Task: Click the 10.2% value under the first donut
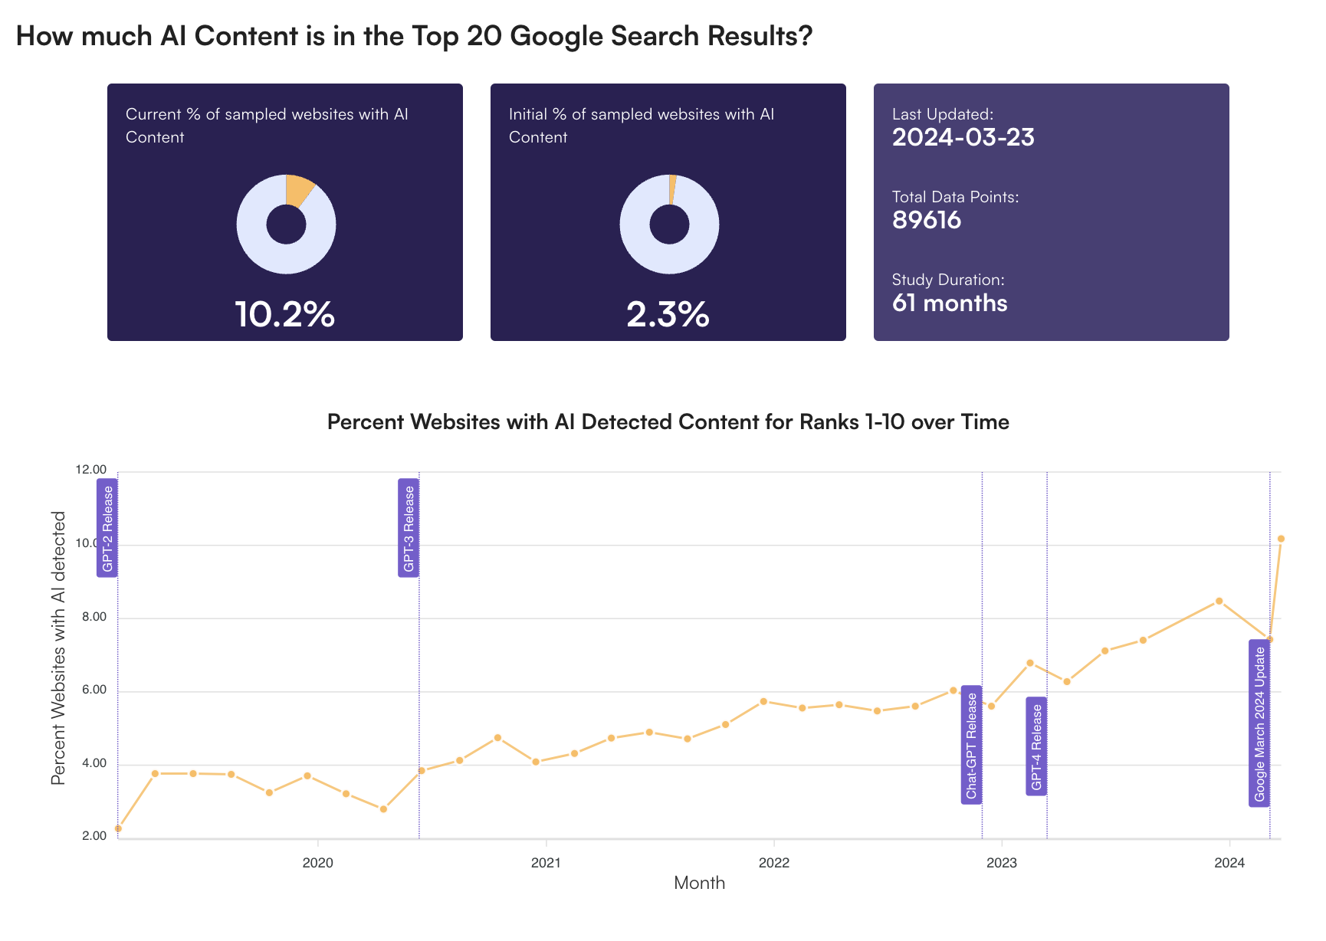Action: coord(284,314)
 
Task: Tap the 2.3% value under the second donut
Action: coord(668,314)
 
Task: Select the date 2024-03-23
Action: coord(963,137)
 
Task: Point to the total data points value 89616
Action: coord(926,220)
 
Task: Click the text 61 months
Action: coord(949,303)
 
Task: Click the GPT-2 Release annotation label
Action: coord(107,528)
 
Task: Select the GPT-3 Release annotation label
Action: coord(409,528)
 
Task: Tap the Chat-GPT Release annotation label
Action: coord(971,745)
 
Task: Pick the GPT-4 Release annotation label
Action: coord(1036,746)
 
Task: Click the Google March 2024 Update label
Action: coord(1259,723)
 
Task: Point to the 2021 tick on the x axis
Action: coord(546,863)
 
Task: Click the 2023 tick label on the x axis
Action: coord(1002,863)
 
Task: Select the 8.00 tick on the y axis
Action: coord(91,617)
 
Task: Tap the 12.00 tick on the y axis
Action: coord(91,470)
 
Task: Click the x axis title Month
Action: coord(699,883)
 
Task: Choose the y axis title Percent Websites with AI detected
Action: coord(58,648)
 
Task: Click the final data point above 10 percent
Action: coord(1281,539)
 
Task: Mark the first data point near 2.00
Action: coord(118,828)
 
